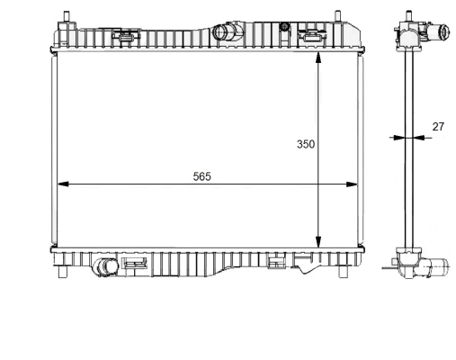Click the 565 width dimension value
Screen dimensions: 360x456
click(x=201, y=176)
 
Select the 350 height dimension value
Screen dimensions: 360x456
click(x=306, y=144)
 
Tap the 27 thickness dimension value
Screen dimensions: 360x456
click(x=438, y=127)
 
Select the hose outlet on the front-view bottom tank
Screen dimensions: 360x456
click(x=107, y=267)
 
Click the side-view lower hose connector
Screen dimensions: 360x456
click(x=442, y=266)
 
